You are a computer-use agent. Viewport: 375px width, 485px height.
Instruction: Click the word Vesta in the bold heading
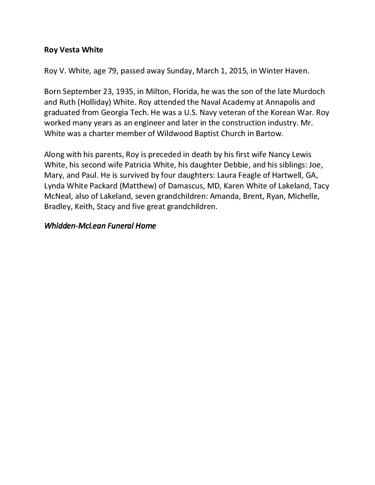[x=70, y=50]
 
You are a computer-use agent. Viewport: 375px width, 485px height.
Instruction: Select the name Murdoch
[x=310, y=92]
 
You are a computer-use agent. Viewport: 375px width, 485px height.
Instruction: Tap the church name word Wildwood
[x=172, y=134]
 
